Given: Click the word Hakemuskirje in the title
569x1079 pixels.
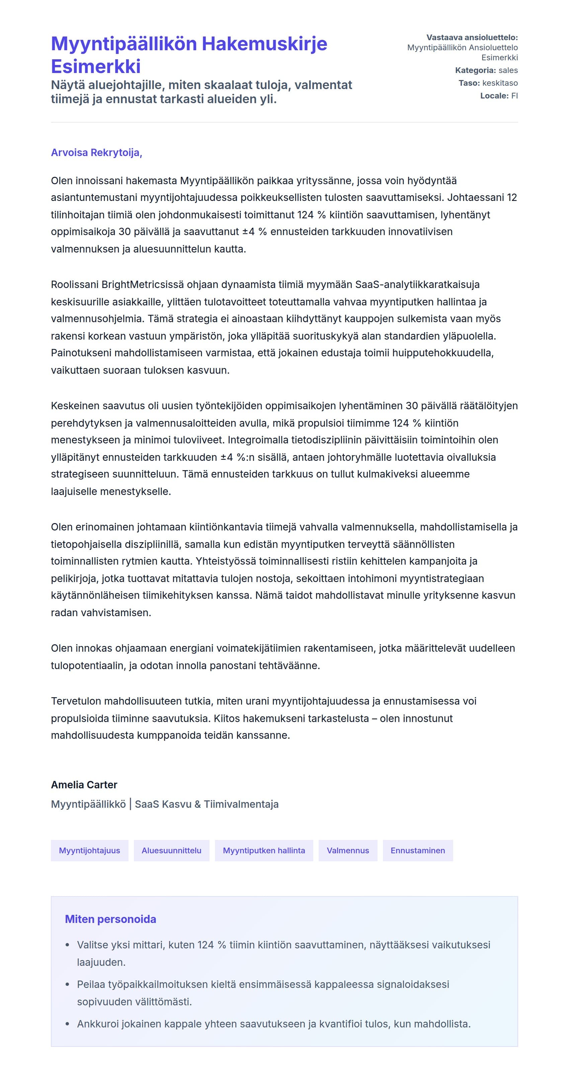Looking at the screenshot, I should pyautogui.click(x=265, y=44).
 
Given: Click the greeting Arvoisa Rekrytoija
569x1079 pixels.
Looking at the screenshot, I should pyautogui.click(x=96, y=152).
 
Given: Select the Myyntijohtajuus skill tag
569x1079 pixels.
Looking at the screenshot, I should pyautogui.click(x=89, y=850).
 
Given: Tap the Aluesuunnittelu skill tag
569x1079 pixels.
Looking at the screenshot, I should pyautogui.click(x=171, y=850).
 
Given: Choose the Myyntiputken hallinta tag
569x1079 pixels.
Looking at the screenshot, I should pyautogui.click(x=264, y=850).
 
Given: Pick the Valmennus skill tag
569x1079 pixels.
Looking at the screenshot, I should pyautogui.click(x=347, y=850).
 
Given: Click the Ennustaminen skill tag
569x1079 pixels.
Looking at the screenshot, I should pyautogui.click(x=417, y=850).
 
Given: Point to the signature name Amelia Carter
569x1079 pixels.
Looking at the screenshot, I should pyautogui.click(x=84, y=785).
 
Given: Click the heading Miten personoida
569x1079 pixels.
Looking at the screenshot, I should pyautogui.click(x=110, y=919).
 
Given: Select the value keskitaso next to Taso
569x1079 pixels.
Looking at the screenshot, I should pyautogui.click(x=500, y=83).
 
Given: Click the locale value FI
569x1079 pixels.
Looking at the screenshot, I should pyautogui.click(x=514, y=95).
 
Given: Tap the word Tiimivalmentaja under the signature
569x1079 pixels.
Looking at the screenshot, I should pyautogui.click(x=241, y=804).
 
